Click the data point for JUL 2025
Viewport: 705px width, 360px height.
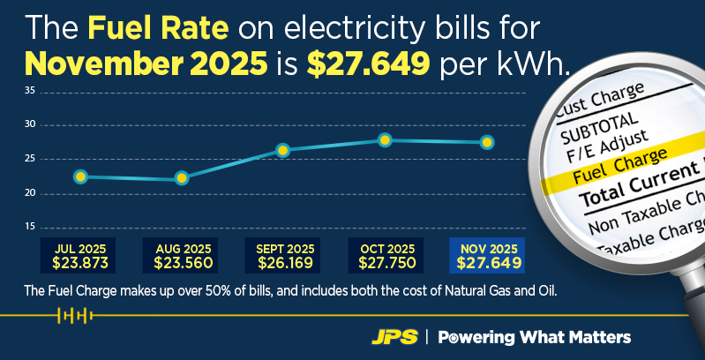click(x=80, y=176)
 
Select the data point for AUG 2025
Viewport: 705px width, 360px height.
click(x=182, y=178)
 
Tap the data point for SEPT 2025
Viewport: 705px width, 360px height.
click(x=283, y=150)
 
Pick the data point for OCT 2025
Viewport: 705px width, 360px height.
click(x=385, y=140)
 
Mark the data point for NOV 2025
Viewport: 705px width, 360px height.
click(x=486, y=142)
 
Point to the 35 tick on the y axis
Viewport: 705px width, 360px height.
click(x=29, y=91)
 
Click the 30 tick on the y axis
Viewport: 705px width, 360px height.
click(x=29, y=124)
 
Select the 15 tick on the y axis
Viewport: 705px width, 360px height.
click(x=29, y=227)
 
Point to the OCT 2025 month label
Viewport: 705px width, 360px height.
click(x=385, y=249)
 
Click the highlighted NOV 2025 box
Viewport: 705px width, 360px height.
click(x=486, y=255)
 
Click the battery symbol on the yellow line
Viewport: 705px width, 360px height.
click(x=74, y=315)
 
